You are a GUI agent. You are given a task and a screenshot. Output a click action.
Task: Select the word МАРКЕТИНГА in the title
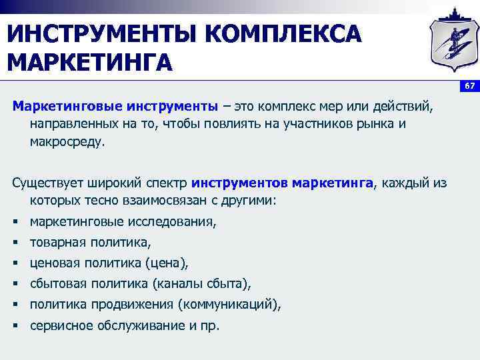click(x=89, y=63)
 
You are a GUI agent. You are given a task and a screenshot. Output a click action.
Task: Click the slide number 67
click(x=469, y=86)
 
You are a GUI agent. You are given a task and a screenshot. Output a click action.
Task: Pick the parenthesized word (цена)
click(x=170, y=263)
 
